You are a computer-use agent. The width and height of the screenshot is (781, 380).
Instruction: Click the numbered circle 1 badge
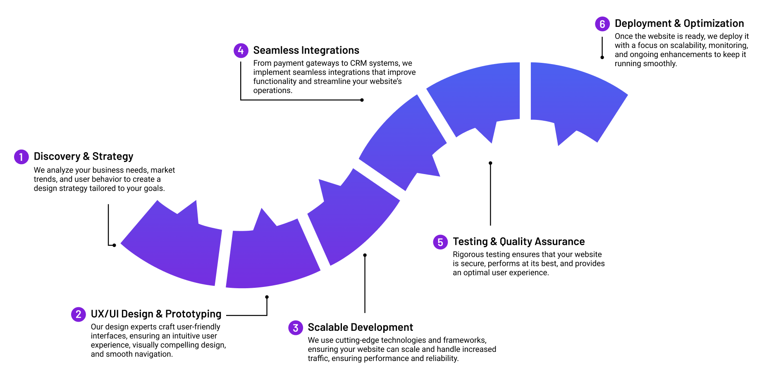click(21, 157)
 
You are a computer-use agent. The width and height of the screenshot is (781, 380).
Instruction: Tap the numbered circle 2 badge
click(78, 314)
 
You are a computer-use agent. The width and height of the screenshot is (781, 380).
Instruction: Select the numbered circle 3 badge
click(295, 328)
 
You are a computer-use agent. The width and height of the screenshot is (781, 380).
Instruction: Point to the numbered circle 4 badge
click(241, 50)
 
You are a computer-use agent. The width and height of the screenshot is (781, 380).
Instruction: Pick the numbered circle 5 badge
click(440, 242)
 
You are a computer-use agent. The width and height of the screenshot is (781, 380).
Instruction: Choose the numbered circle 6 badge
click(602, 24)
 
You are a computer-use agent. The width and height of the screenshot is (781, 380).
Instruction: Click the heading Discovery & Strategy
click(84, 156)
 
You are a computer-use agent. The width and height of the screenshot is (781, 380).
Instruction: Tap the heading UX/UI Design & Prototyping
click(156, 314)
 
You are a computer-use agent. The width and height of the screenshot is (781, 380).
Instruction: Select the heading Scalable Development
click(360, 327)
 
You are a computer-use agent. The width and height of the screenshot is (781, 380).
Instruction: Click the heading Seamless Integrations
click(306, 50)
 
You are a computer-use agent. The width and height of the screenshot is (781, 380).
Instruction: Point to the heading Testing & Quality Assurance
click(518, 241)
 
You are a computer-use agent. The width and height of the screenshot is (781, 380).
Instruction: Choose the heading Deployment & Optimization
click(679, 24)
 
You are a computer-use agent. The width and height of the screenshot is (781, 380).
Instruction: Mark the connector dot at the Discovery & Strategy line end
click(114, 245)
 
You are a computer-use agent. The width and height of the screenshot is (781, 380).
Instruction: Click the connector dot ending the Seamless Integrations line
click(362, 100)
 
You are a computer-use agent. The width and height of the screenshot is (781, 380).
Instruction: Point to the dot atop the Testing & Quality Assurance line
click(490, 163)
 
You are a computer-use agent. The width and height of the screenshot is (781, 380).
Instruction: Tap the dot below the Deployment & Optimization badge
click(602, 57)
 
